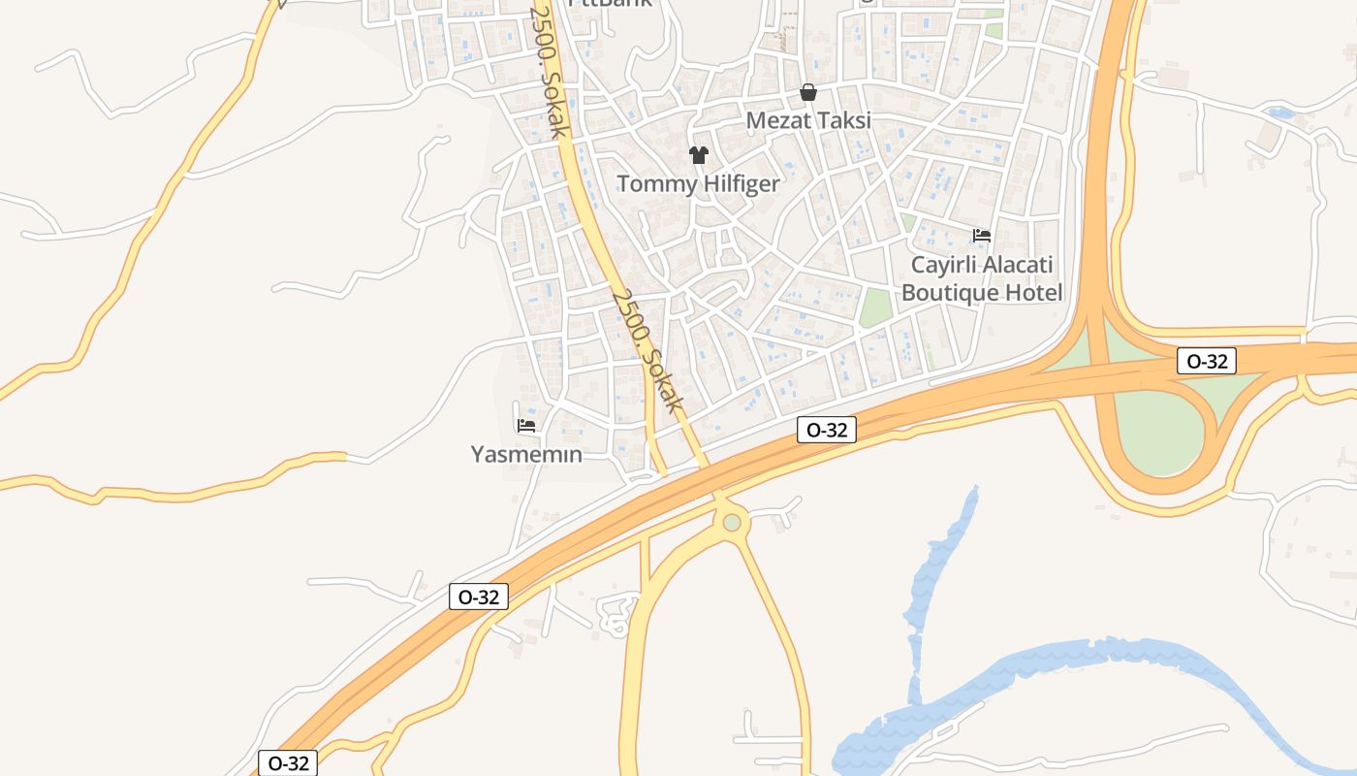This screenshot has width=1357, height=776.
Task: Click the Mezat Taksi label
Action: pos(807,121)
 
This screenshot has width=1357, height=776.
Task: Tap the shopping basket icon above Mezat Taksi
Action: pos(807,92)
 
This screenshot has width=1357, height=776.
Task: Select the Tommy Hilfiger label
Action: pos(698,183)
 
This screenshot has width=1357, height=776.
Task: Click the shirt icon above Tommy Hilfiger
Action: pos(698,154)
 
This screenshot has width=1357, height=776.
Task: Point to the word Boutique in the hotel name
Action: pos(956,292)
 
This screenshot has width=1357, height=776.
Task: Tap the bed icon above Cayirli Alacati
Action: pos(981,235)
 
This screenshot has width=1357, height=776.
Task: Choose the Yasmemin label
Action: pos(526,454)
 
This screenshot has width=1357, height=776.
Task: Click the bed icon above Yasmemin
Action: pos(526,425)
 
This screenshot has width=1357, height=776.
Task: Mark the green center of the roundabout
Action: pos(732,523)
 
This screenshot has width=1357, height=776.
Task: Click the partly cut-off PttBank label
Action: pos(611,3)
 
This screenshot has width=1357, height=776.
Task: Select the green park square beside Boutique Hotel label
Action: pos(876,307)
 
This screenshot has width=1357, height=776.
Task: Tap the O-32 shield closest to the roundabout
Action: pos(826,430)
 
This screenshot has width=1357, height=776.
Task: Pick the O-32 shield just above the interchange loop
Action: pos(1207,362)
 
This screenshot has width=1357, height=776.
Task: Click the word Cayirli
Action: pos(941,265)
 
